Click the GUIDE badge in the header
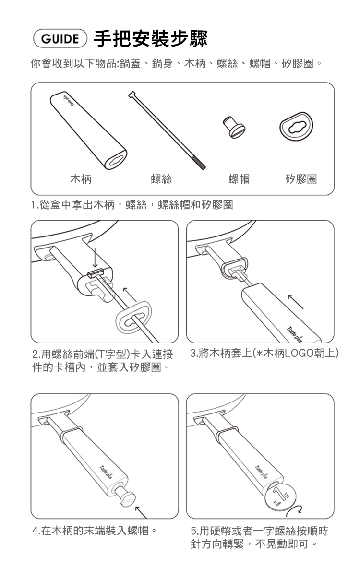pos(60,39)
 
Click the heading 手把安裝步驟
pos(151,39)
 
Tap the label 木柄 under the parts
pos(81,178)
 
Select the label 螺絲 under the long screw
pos(161,178)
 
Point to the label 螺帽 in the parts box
pos(239,178)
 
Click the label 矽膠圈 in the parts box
pos(301,178)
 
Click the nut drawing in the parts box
pos(234,127)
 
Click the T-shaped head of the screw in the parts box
pos(132,95)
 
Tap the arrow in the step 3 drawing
pos(296,302)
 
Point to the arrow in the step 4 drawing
pos(141,512)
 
